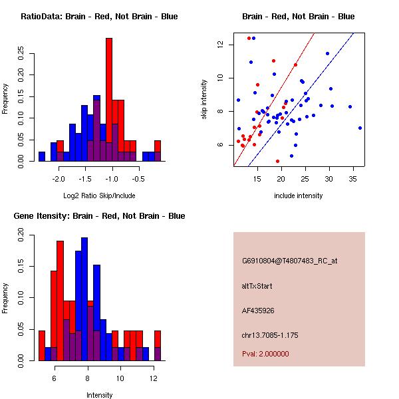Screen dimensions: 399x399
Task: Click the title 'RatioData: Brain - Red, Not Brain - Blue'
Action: [99, 17]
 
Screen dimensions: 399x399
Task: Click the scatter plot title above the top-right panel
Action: [298, 17]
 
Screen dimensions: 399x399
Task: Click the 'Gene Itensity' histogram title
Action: [99, 216]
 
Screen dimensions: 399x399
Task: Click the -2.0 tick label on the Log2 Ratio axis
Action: [59, 179]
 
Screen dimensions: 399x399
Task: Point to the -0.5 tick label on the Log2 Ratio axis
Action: [138, 179]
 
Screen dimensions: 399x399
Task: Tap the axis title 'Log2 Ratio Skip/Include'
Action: [98, 196]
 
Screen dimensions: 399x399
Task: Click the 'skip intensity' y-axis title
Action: [204, 100]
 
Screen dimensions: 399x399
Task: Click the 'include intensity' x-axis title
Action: [299, 196]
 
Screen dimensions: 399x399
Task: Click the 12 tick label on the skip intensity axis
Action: [220, 45]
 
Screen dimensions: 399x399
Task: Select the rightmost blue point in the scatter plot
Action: [360, 128]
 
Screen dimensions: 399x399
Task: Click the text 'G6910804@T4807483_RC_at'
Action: [290, 261]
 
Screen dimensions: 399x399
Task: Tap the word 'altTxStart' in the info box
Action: [257, 286]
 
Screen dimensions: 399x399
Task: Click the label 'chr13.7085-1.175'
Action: [269, 334]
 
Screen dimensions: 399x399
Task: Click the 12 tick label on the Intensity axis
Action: [154, 378]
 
